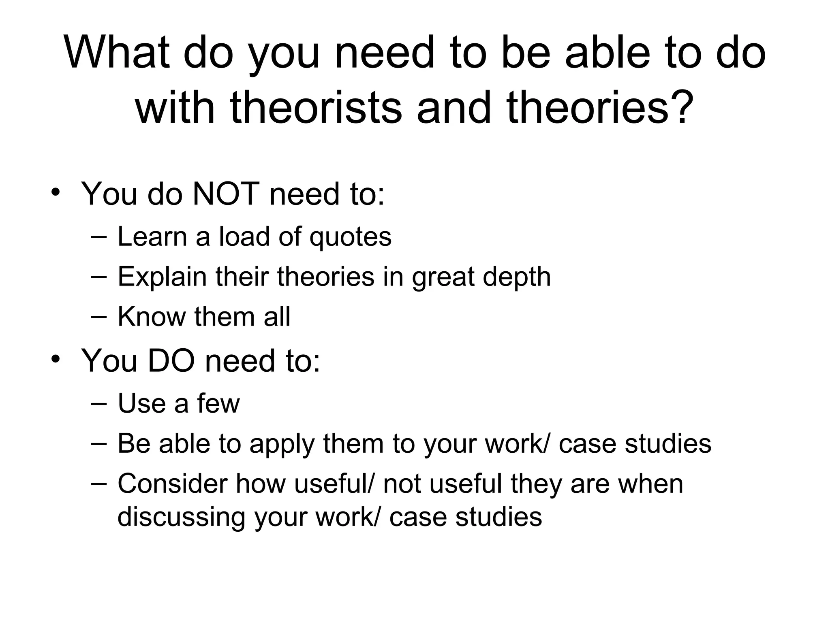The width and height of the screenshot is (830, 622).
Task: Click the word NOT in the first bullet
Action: point(226,194)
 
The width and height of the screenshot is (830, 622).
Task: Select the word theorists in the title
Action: point(316,107)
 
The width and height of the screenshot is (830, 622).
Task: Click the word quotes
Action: point(351,236)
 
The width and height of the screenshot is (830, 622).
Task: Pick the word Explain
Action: point(162,277)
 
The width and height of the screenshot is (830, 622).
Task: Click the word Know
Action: point(151,316)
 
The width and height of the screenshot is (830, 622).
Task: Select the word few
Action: point(218,403)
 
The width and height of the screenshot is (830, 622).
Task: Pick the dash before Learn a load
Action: point(99,237)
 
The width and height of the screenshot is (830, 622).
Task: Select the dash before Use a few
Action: point(99,404)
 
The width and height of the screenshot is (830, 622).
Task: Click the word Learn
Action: point(152,236)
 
